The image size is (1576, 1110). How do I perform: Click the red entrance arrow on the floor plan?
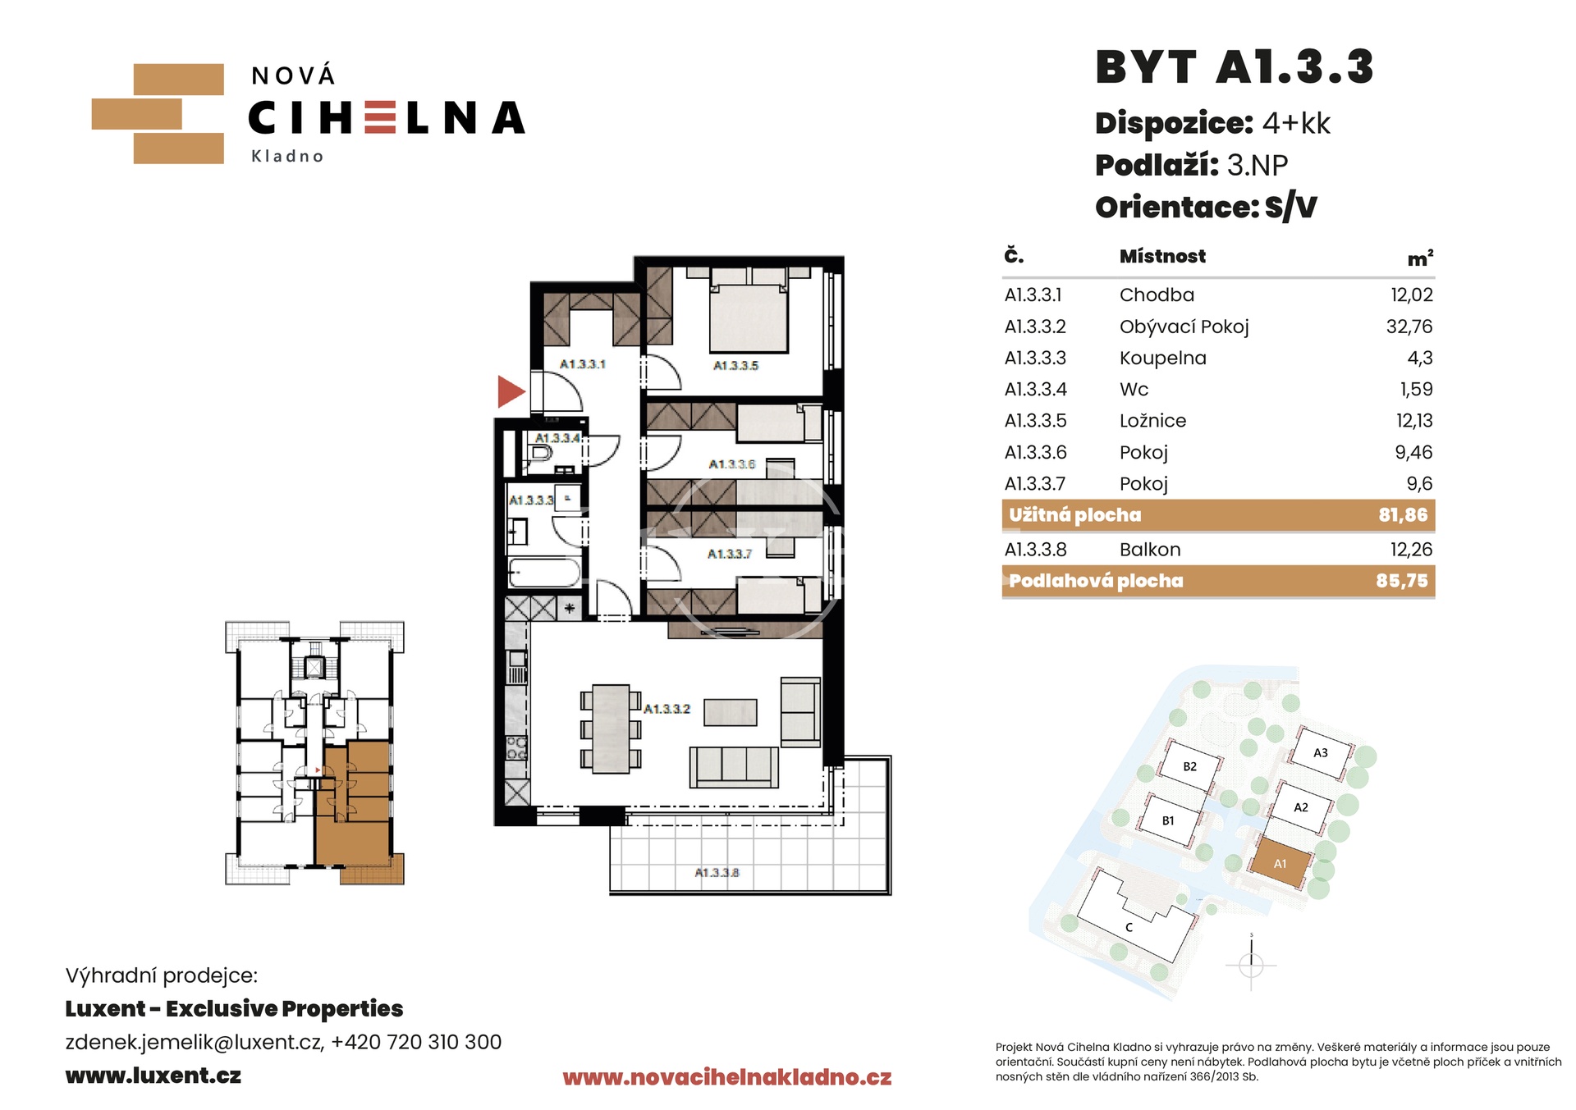(x=510, y=391)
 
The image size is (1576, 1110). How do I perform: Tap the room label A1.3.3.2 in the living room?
(x=667, y=709)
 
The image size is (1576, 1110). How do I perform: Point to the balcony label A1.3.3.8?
(x=717, y=873)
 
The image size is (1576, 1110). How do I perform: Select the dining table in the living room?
(x=611, y=729)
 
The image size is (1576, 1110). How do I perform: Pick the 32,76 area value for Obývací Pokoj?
(x=1409, y=327)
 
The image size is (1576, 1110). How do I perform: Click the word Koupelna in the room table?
(x=1163, y=359)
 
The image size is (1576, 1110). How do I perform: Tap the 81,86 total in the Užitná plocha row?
(x=1403, y=515)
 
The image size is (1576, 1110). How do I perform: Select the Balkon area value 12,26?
(x=1411, y=550)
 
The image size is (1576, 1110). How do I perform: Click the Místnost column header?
(x=1163, y=256)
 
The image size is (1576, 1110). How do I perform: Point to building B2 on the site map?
(x=1189, y=766)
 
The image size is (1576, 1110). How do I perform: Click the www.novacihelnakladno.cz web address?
(x=726, y=1077)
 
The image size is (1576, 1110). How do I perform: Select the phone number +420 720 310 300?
(x=416, y=1042)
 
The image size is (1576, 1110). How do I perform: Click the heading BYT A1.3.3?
(x=1235, y=67)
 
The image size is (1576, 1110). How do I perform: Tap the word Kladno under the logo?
(x=287, y=156)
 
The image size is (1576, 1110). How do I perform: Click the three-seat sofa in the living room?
(x=733, y=767)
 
